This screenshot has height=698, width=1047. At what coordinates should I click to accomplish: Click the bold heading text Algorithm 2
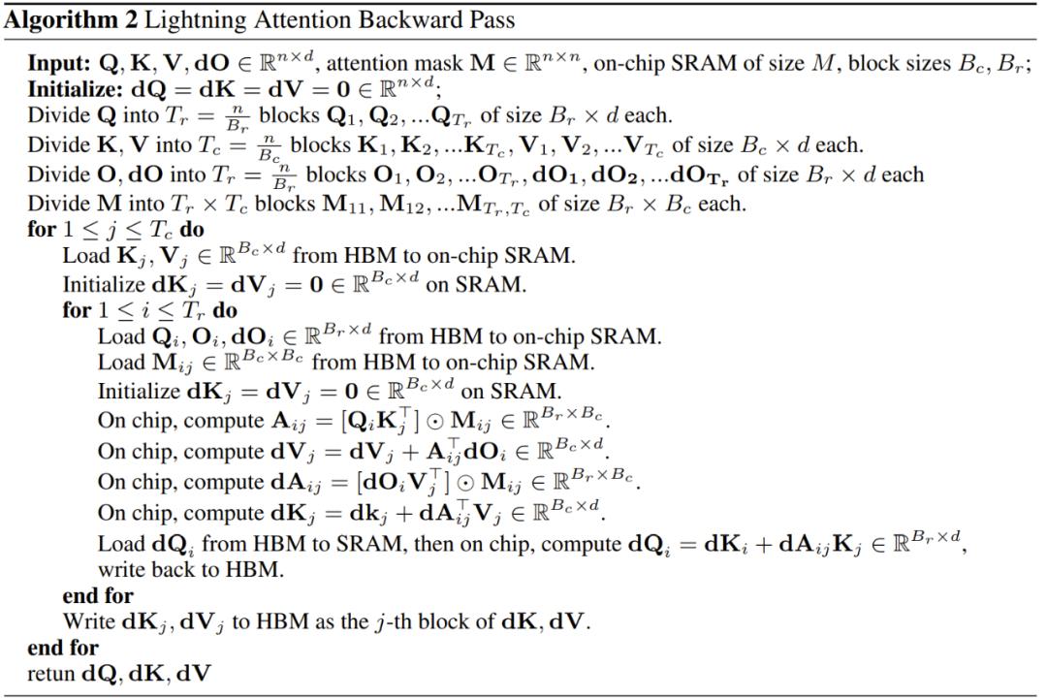(71, 20)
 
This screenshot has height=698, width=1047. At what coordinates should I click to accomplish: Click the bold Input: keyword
(59, 63)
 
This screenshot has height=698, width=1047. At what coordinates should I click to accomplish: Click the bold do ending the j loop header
(192, 230)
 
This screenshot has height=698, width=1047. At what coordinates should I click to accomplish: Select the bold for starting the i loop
(77, 310)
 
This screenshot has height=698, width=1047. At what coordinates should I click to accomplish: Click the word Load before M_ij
(121, 363)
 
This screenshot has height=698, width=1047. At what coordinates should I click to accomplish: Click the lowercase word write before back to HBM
(122, 570)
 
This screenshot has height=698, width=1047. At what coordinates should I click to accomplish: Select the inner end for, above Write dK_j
(98, 596)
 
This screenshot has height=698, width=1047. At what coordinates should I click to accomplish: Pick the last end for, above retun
(63, 648)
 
